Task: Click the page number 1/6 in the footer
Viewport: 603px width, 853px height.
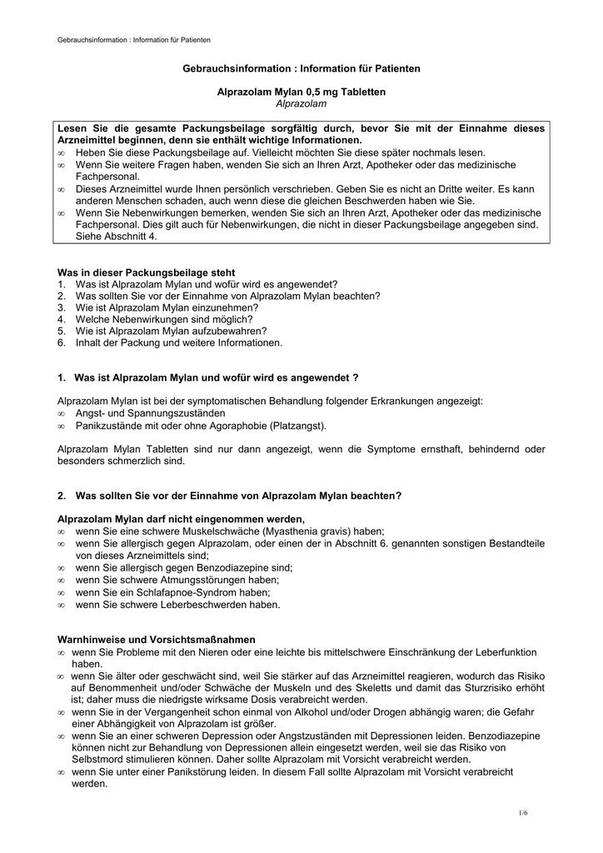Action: coord(523,812)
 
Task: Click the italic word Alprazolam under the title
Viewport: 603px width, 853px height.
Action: coord(301,103)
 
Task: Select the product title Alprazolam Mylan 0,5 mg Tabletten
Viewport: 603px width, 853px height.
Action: coord(301,92)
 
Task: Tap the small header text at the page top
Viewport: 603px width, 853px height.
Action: coord(133,40)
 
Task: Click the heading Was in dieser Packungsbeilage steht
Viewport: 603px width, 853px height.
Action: coord(146,272)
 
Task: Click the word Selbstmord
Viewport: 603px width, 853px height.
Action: coord(102,760)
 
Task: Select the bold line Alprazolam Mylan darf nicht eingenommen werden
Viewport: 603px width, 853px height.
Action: coord(175,519)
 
